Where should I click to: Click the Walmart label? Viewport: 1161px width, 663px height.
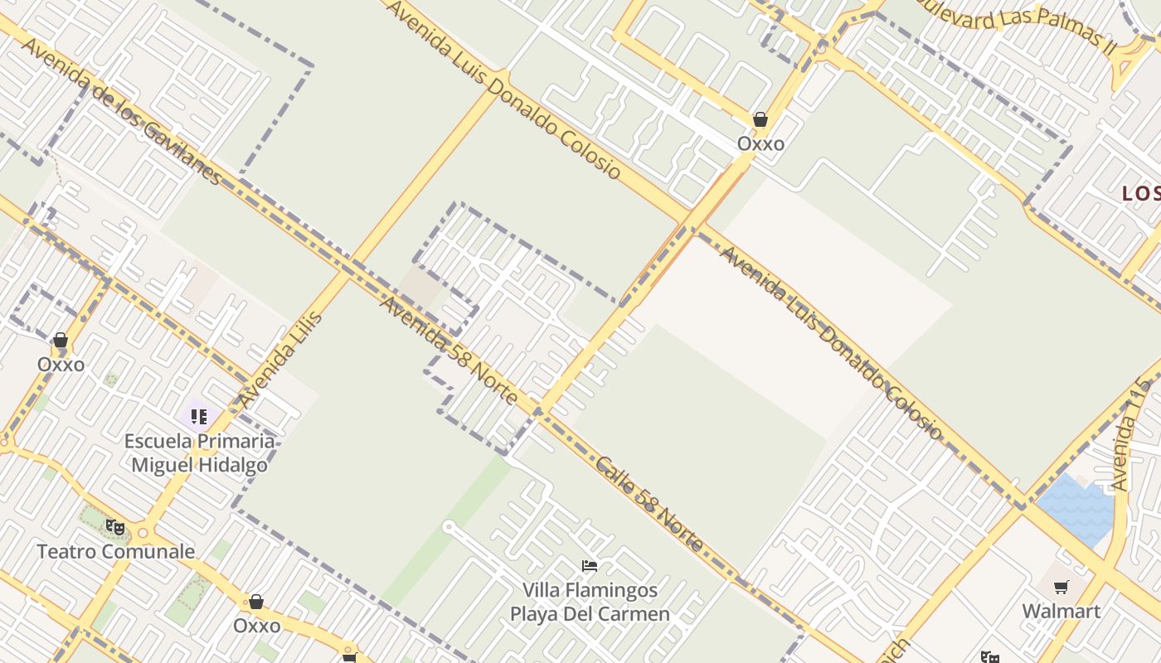1061,612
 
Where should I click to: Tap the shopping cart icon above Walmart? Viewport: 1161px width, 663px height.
1061,588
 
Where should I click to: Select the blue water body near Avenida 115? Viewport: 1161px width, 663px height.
1075,507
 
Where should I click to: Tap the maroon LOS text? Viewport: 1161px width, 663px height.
1140,194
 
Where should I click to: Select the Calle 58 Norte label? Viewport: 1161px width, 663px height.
649,505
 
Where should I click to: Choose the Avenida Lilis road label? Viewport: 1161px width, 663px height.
280,360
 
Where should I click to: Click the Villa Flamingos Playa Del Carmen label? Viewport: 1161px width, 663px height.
590,603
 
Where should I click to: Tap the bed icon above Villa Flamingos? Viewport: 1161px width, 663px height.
590,566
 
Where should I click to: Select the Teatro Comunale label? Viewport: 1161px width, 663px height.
116,551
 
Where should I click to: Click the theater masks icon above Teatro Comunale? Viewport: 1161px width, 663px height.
114,526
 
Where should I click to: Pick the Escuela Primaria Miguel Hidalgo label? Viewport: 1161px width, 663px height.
199,452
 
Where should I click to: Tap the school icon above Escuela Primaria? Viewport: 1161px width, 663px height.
198,416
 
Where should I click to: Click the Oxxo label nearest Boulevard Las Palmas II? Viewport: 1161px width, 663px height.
760,143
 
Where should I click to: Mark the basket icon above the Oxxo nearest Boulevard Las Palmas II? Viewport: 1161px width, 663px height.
760,119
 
